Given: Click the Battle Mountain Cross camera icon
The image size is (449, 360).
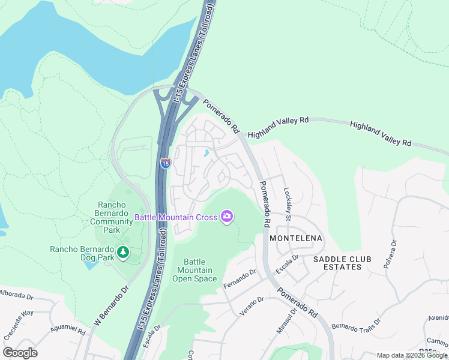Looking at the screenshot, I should tap(226, 217).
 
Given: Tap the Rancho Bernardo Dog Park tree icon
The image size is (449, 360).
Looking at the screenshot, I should tap(123, 252).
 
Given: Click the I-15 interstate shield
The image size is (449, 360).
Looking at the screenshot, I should tap(166, 163).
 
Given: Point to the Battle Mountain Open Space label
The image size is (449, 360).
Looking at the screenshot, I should tap(194, 270).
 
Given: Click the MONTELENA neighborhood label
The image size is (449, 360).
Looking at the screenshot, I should tap(296, 238).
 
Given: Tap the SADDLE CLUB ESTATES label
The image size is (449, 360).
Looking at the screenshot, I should tap(342, 263).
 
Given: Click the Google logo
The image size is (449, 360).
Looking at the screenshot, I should tap(20, 353).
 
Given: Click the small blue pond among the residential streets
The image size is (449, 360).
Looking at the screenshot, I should tap(206, 153).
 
